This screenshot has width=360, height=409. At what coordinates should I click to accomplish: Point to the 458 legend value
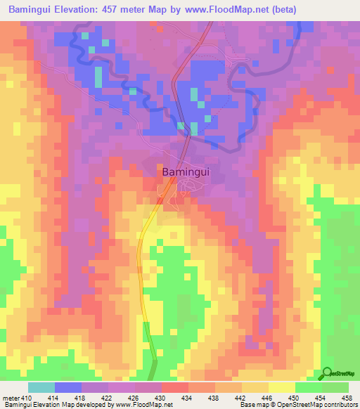346,398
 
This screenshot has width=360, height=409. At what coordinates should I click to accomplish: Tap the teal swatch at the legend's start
41,387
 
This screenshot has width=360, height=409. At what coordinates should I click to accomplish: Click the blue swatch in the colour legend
68,387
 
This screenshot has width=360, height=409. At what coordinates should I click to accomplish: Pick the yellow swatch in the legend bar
281,387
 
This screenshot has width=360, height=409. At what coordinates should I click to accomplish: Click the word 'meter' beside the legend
11,398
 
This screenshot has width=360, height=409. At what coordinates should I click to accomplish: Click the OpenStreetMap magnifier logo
327,373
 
